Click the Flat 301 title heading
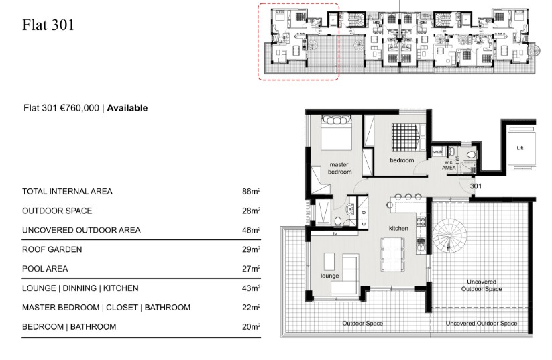pos(48,25)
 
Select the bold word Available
pos(127,108)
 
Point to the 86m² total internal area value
pos(251,192)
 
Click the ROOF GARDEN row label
pos(52,249)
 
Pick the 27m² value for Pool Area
pos(251,269)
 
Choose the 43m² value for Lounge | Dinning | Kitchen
pos(251,288)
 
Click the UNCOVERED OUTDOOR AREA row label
pos(81,230)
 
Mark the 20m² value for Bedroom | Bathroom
pos(251,327)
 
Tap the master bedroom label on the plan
pos(339,168)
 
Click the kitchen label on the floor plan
pos(398,229)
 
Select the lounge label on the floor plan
pos(329,276)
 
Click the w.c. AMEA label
pos(449,166)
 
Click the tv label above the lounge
pos(333,234)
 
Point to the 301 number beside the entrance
pos(476,186)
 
